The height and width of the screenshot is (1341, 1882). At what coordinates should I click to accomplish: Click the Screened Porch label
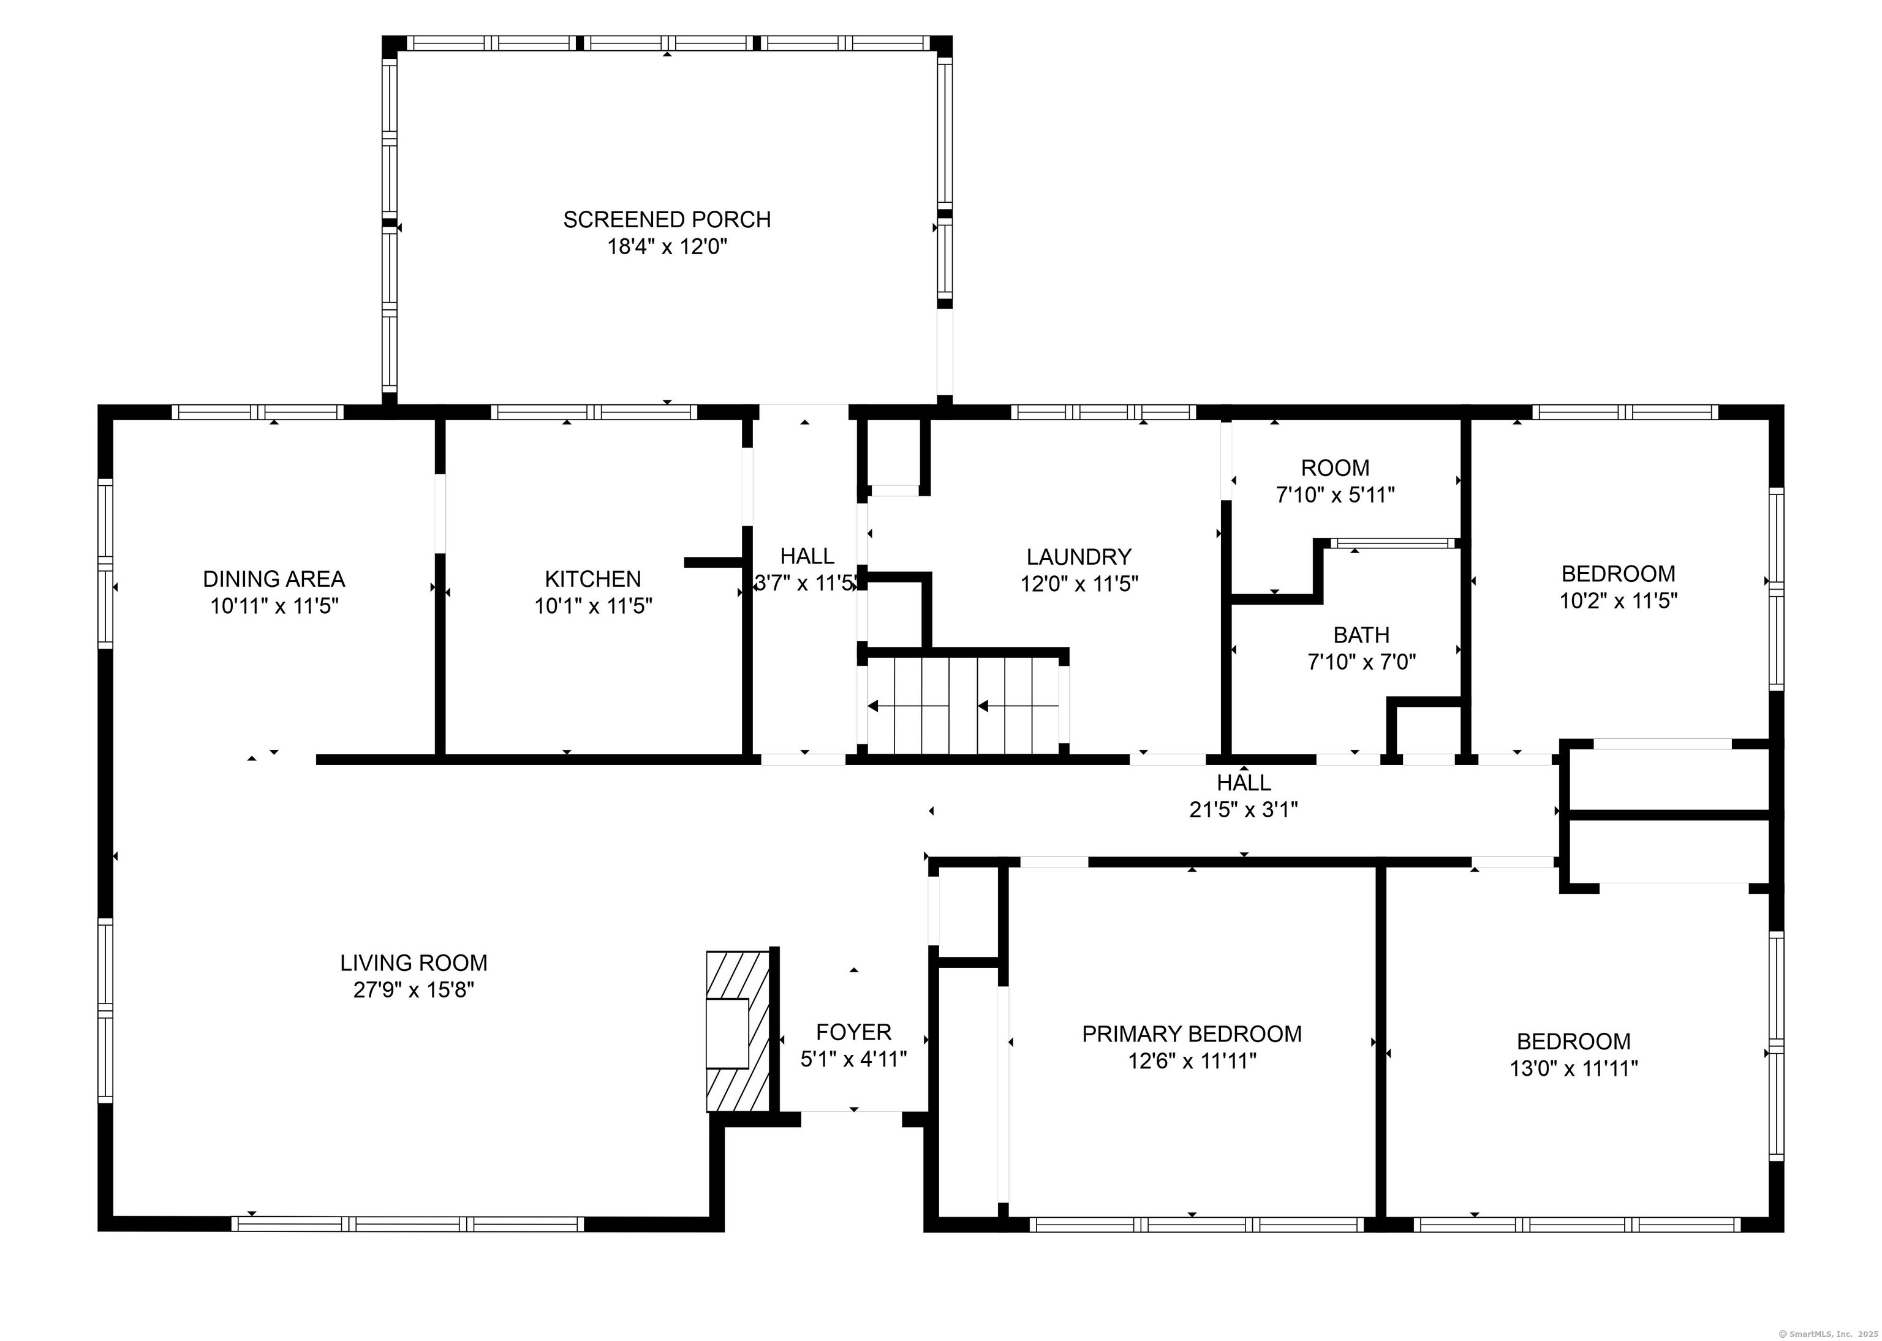click(667, 220)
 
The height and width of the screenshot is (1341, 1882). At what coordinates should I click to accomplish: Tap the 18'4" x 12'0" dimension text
click(667, 247)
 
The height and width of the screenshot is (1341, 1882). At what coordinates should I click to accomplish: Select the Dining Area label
click(274, 579)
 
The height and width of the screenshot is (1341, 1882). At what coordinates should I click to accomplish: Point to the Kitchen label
click(593, 579)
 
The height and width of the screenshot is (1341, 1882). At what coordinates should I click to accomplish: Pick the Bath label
click(1361, 635)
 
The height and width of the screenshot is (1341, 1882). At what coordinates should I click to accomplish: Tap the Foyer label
click(854, 1032)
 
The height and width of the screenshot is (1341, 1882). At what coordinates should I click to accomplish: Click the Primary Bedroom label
click(1192, 1034)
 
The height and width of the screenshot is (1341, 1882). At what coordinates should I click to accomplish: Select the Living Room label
click(414, 963)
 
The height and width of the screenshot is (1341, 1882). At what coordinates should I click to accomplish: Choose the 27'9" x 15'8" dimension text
click(414, 990)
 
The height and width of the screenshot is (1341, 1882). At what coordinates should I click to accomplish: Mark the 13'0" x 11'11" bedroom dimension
click(1574, 1068)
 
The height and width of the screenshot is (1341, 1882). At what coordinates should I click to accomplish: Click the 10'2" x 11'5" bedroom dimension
click(1618, 601)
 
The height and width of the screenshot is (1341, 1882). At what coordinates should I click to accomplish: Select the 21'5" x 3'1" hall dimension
click(1243, 810)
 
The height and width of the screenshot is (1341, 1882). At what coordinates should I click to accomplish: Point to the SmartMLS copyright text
click(1826, 1334)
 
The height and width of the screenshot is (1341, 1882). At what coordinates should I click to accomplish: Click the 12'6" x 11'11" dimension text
click(1192, 1061)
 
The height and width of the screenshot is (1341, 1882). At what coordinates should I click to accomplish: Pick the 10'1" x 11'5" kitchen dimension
click(593, 606)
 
